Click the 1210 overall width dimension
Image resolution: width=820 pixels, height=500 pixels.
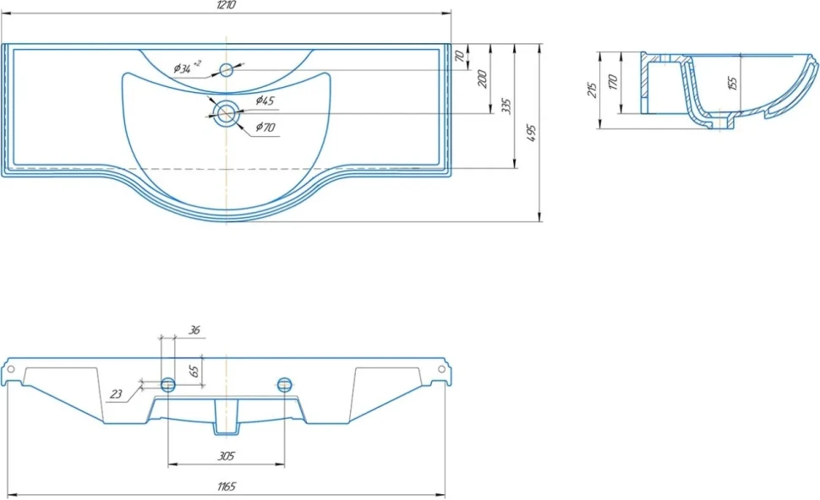click(226, 5)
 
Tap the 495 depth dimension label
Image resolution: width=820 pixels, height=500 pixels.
click(532, 133)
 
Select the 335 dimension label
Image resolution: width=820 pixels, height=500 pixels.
click(506, 106)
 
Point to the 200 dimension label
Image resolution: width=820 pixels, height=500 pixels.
click(482, 79)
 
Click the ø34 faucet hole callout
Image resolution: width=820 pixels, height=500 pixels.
click(187, 67)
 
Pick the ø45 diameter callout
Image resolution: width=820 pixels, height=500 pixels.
click(265, 101)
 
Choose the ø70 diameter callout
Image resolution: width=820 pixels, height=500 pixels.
click(265, 127)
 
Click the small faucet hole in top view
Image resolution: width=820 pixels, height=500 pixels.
click(226, 69)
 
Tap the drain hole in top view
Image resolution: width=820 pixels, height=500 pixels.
click(227, 113)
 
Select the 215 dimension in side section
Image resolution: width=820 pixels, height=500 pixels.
click(592, 90)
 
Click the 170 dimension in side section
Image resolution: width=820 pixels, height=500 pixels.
click(614, 82)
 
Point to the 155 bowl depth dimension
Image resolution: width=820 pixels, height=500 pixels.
click(732, 83)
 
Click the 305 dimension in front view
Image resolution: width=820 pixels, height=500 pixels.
click(226, 456)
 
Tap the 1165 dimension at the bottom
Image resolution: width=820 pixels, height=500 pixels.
click(227, 486)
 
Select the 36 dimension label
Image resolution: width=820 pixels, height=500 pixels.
click(194, 330)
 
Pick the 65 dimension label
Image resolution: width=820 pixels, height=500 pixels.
click(194, 371)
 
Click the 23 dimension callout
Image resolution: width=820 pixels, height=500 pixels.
click(116, 394)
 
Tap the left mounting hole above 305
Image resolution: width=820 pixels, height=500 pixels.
click(168, 385)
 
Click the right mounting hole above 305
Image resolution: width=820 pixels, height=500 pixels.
click(284, 385)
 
